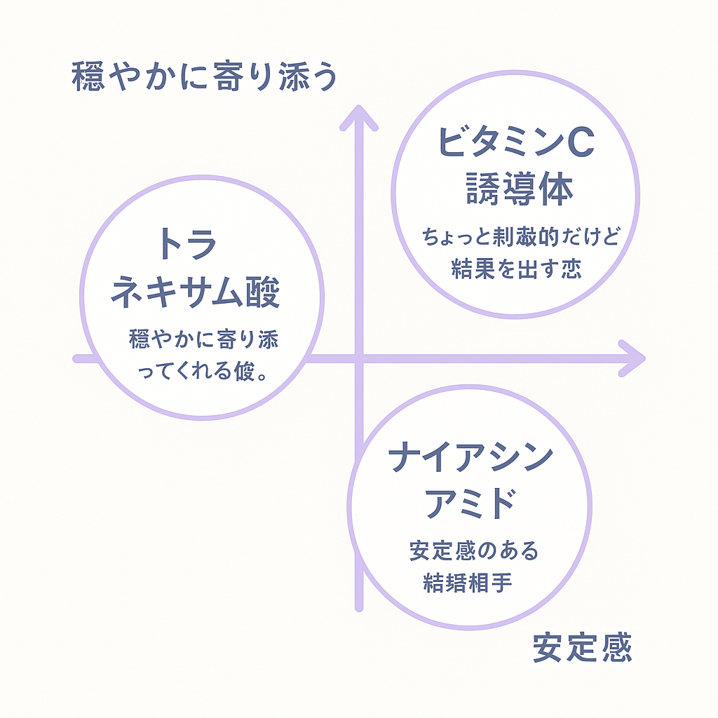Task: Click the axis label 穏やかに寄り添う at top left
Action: (204, 77)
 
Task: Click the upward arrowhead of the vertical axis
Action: (359, 117)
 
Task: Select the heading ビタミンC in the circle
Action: (515, 142)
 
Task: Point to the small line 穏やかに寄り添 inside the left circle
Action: (204, 339)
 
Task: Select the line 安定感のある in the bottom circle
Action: (474, 550)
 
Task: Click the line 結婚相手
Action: (467, 583)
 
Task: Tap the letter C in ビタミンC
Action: (578, 142)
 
